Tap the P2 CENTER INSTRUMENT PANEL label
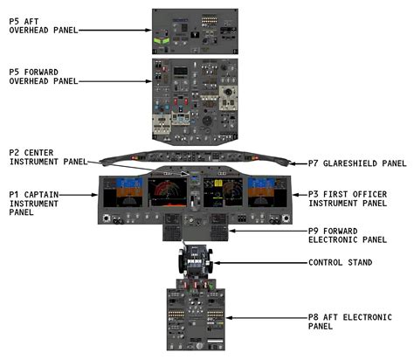[x=48, y=156]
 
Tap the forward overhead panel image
[x=194, y=98]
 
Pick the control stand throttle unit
[x=195, y=263]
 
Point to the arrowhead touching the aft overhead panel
[x=150, y=30]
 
